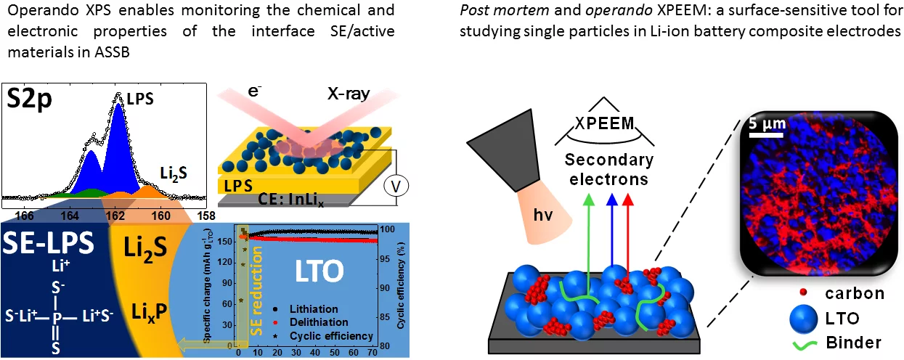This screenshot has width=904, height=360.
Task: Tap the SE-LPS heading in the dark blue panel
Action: click(x=49, y=245)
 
